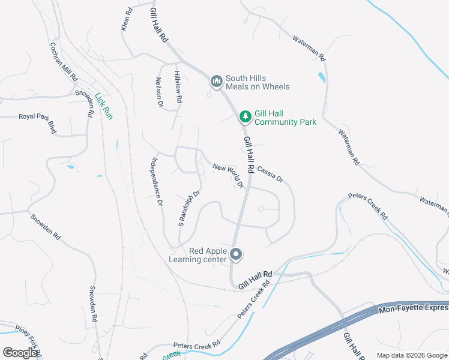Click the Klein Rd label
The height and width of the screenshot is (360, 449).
coord(127,19)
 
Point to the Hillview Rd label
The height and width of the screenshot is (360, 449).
coord(178,86)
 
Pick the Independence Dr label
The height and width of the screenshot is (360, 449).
coord(156,182)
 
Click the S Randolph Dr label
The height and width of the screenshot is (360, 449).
coord(188,208)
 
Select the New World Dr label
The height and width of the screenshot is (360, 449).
coord(228,173)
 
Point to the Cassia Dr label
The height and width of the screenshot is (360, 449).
coord(270,174)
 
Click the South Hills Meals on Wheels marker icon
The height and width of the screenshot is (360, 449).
coord(216,81)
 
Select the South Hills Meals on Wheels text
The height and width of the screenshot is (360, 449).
coord(258,83)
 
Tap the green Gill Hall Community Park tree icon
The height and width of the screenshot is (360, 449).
coord(245,116)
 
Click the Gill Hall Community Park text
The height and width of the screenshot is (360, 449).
coord(285,118)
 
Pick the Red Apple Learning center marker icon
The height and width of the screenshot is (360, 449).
coord(236,255)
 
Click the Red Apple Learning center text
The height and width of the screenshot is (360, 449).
coord(198,255)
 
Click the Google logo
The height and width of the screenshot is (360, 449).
coord(20,352)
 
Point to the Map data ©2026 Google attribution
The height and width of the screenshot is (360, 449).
coord(412,355)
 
